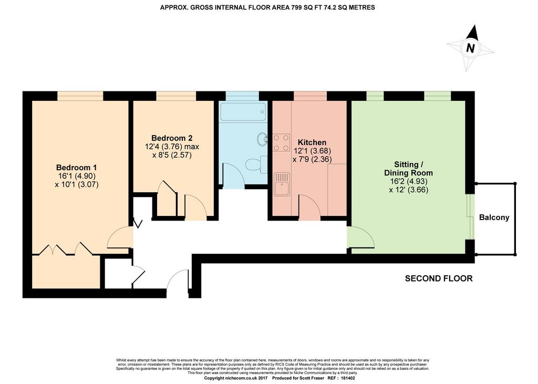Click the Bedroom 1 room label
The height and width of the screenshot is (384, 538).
(x=76, y=168)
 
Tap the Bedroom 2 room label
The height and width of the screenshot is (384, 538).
(x=172, y=138)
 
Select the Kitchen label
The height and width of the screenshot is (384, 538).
(x=312, y=142)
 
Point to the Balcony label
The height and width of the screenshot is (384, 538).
(x=494, y=217)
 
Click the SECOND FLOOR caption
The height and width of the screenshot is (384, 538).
(x=439, y=278)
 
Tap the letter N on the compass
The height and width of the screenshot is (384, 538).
(x=470, y=48)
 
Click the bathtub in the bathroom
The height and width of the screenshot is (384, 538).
(x=243, y=111)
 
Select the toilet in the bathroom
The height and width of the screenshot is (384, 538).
(x=256, y=164)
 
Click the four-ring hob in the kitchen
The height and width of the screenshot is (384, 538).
(x=282, y=143)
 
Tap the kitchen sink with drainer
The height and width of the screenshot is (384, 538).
(x=282, y=184)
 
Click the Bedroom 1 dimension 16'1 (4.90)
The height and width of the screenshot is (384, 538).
(x=77, y=176)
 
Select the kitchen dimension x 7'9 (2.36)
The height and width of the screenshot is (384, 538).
(x=312, y=159)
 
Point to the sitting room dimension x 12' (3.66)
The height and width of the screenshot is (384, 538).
(x=408, y=190)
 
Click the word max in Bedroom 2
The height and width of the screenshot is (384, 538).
(x=192, y=147)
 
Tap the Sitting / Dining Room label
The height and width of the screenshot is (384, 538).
(x=408, y=169)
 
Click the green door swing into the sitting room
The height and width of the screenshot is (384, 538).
(x=360, y=237)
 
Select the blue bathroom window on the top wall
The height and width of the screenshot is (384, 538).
(x=242, y=96)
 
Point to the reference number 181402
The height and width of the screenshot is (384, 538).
(x=348, y=378)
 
